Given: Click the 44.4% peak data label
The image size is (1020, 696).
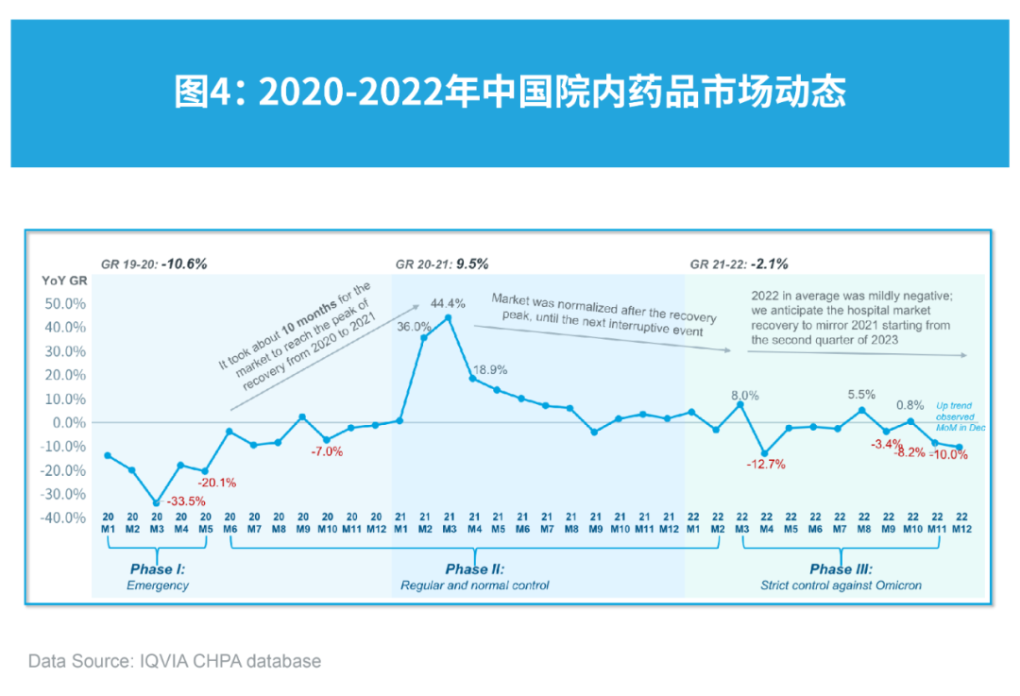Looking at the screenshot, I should point(449,303).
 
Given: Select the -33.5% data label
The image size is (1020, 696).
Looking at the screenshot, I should point(186,501).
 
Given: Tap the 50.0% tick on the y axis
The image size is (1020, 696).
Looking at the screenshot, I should point(65,304).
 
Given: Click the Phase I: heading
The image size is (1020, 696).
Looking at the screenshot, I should point(157,569).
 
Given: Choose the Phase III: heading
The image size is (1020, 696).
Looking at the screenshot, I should point(841,569).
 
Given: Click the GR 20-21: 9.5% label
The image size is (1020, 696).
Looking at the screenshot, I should point(441,263).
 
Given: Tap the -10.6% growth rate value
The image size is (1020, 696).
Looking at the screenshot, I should point(183,263).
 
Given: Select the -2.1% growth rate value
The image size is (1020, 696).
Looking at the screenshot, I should point(769,263).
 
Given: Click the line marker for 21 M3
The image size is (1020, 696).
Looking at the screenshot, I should point(448,317).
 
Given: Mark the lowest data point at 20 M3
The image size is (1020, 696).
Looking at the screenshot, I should point(157,502).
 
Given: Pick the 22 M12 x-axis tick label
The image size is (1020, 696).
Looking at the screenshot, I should point(961,523).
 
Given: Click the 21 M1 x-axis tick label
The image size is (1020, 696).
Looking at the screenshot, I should point(399,523).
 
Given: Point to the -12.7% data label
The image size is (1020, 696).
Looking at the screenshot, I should point(765,464).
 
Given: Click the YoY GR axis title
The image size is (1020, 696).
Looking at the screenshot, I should point(64,280).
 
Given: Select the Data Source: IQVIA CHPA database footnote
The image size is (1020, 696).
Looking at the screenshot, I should point(175,661).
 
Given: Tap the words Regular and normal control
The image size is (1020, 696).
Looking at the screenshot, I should point(474,586).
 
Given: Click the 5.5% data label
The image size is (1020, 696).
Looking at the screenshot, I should point(860,394).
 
